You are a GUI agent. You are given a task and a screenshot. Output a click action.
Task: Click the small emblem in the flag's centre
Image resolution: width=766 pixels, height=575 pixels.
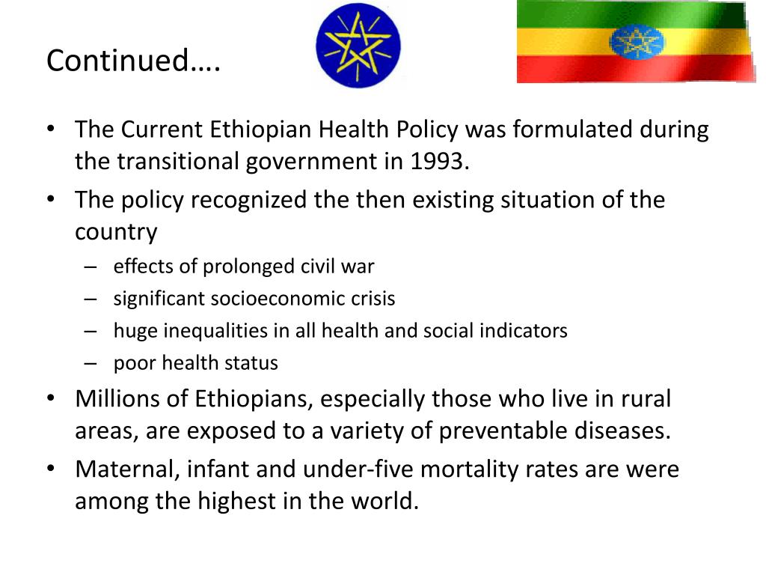[636, 42]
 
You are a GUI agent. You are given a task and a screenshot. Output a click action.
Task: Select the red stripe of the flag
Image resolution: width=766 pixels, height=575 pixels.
[569, 69]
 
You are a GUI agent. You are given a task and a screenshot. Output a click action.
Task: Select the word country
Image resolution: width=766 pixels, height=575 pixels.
[116, 232]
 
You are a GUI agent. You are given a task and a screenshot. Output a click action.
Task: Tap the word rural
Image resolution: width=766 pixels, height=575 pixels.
[644, 398]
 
